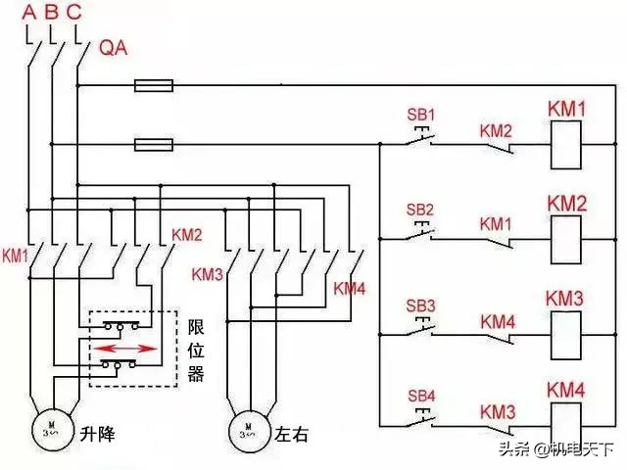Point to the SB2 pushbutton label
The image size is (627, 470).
[x=419, y=210]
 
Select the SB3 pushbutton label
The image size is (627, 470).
[x=419, y=304]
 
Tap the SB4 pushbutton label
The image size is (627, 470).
[x=419, y=396]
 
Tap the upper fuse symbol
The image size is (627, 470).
[x=154, y=86]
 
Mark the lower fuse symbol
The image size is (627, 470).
[x=154, y=145]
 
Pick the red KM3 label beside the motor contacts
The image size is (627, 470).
[x=208, y=275]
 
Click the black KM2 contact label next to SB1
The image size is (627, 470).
[x=496, y=129]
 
